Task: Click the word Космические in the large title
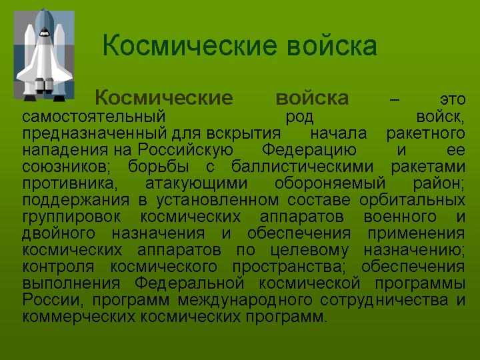(190, 45)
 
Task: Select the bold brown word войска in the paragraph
(312, 98)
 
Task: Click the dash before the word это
(395, 100)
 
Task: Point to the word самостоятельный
(94, 117)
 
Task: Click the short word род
(300, 117)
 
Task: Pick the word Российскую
(185, 150)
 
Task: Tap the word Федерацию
(309, 151)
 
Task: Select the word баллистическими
(303, 167)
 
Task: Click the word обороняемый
(330, 184)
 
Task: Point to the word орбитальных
(413, 201)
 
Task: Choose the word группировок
(71, 217)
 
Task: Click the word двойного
(59, 233)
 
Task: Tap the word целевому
(309, 251)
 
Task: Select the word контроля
(58, 267)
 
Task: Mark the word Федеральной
(189, 283)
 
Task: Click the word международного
(245, 300)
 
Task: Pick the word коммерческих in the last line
(79, 317)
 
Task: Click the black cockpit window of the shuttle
(45, 31)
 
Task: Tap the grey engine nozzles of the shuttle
(45, 85)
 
